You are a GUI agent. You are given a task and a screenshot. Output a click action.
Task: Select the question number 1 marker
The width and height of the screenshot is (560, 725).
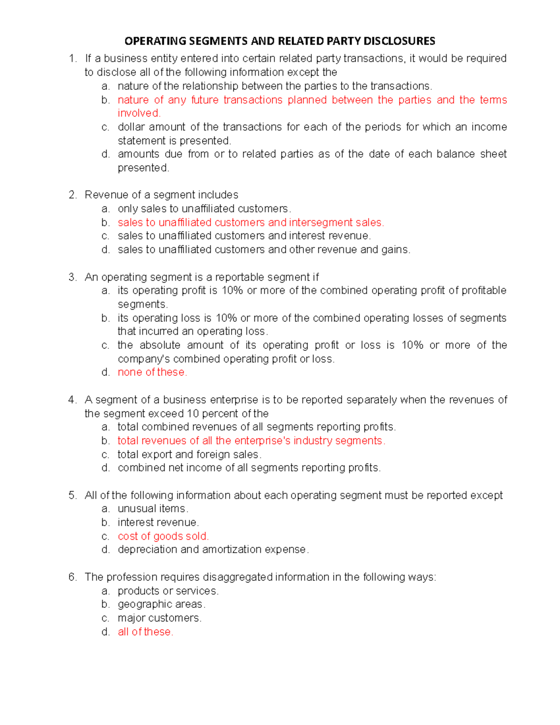tap(72, 58)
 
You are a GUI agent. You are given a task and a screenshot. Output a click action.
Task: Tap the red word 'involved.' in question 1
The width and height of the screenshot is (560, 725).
tap(139, 113)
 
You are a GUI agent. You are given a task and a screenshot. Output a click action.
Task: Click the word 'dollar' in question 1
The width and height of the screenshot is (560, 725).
tap(131, 127)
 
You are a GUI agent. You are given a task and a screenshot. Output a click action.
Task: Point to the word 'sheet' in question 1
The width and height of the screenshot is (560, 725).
tap(493, 154)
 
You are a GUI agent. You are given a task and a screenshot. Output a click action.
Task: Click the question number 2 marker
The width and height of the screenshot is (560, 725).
tap(72, 195)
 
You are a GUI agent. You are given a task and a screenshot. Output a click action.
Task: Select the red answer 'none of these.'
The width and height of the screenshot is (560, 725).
tap(152, 372)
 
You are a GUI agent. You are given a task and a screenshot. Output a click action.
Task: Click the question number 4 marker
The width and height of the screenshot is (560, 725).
tap(72, 400)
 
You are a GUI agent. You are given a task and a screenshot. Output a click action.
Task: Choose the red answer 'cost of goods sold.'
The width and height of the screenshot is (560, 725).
tap(163, 536)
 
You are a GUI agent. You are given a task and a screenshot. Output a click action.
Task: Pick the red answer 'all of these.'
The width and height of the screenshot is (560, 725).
tap(145, 632)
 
